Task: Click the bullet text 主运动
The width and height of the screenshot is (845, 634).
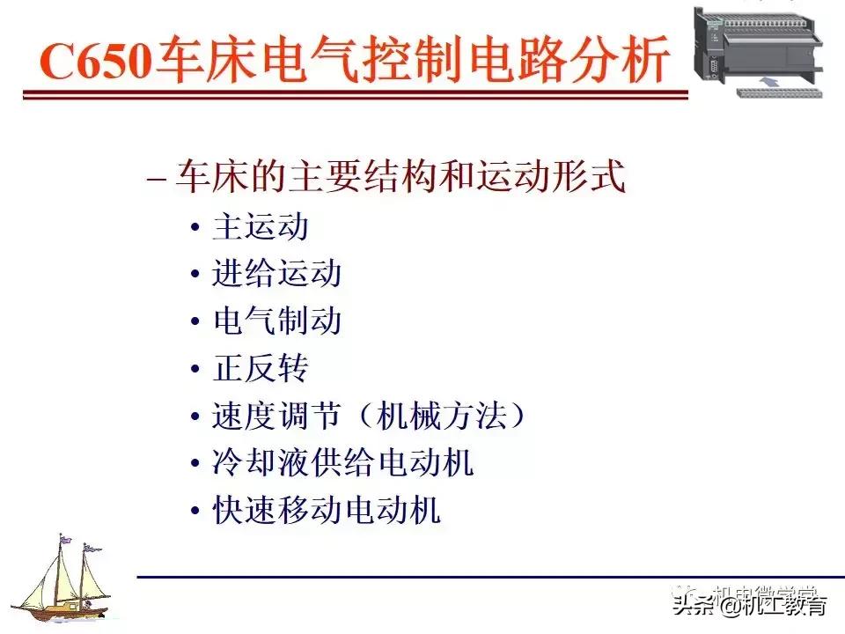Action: tap(260, 227)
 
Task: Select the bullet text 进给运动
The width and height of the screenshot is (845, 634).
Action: tap(276, 274)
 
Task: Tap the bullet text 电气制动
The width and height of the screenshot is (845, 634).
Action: tap(276, 321)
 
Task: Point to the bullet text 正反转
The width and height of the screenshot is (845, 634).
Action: tap(260, 369)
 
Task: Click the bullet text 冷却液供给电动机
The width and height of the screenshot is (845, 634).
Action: tap(343, 463)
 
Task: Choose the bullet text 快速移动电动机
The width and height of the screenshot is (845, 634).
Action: tap(327, 511)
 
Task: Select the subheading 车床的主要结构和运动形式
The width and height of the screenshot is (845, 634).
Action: tap(400, 177)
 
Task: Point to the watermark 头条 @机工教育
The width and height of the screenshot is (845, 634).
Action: tap(749, 606)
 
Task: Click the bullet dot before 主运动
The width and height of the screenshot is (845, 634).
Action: tap(195, 228)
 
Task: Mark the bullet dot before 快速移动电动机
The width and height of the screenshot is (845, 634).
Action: tap(195, 512)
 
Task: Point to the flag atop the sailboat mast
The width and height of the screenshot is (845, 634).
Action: tap(64, 537)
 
